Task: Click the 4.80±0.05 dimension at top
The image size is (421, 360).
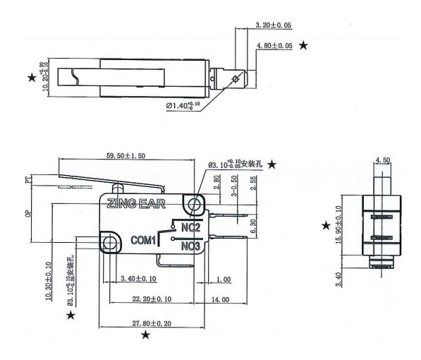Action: point(275,45)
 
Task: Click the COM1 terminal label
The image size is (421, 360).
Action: point(143,240)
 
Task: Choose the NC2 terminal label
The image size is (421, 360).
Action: point(190,228)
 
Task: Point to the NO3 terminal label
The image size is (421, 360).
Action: point(190,246)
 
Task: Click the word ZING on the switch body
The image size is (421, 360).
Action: point(121,205)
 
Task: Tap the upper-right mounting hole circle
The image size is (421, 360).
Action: point(193,205)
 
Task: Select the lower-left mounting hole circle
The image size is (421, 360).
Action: point(109,244)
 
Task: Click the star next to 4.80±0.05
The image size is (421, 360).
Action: point(304,45)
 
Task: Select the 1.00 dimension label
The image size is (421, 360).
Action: point(223,280)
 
